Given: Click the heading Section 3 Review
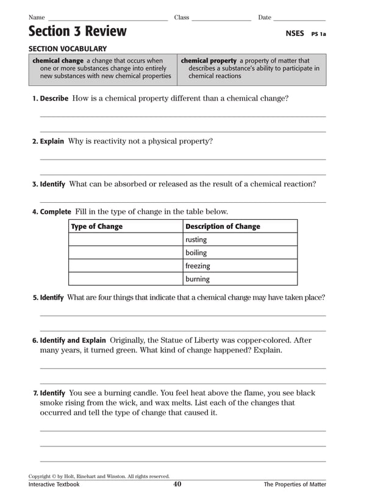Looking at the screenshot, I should tap(77, 32).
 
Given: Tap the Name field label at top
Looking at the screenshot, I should tap(37, 18).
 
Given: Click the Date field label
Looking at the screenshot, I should tap(265, 18).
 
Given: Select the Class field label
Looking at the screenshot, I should tap(182, 18).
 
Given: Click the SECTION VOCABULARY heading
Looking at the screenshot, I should tap(68, 49).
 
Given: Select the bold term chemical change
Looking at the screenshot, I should tap(58, 61).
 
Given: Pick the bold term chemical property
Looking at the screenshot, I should tap(209, 61).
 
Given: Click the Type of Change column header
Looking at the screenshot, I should tap(97, 227).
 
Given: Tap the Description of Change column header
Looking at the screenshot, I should tap(223, 227).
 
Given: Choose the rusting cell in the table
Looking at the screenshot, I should tap(196, 240).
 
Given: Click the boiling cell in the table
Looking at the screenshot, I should tap(196, 253).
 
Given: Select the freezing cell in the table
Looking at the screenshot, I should tap(198, 266).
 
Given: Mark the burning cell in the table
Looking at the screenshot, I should tap(198, 280).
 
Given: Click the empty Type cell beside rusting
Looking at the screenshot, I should tap(126, 240).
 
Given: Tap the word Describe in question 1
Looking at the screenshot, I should tap(54, 98).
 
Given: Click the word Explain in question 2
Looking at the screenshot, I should tap(52, 141).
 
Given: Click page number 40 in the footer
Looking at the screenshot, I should tap(177, 485).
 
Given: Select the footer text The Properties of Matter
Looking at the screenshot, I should tap(294, 485).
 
